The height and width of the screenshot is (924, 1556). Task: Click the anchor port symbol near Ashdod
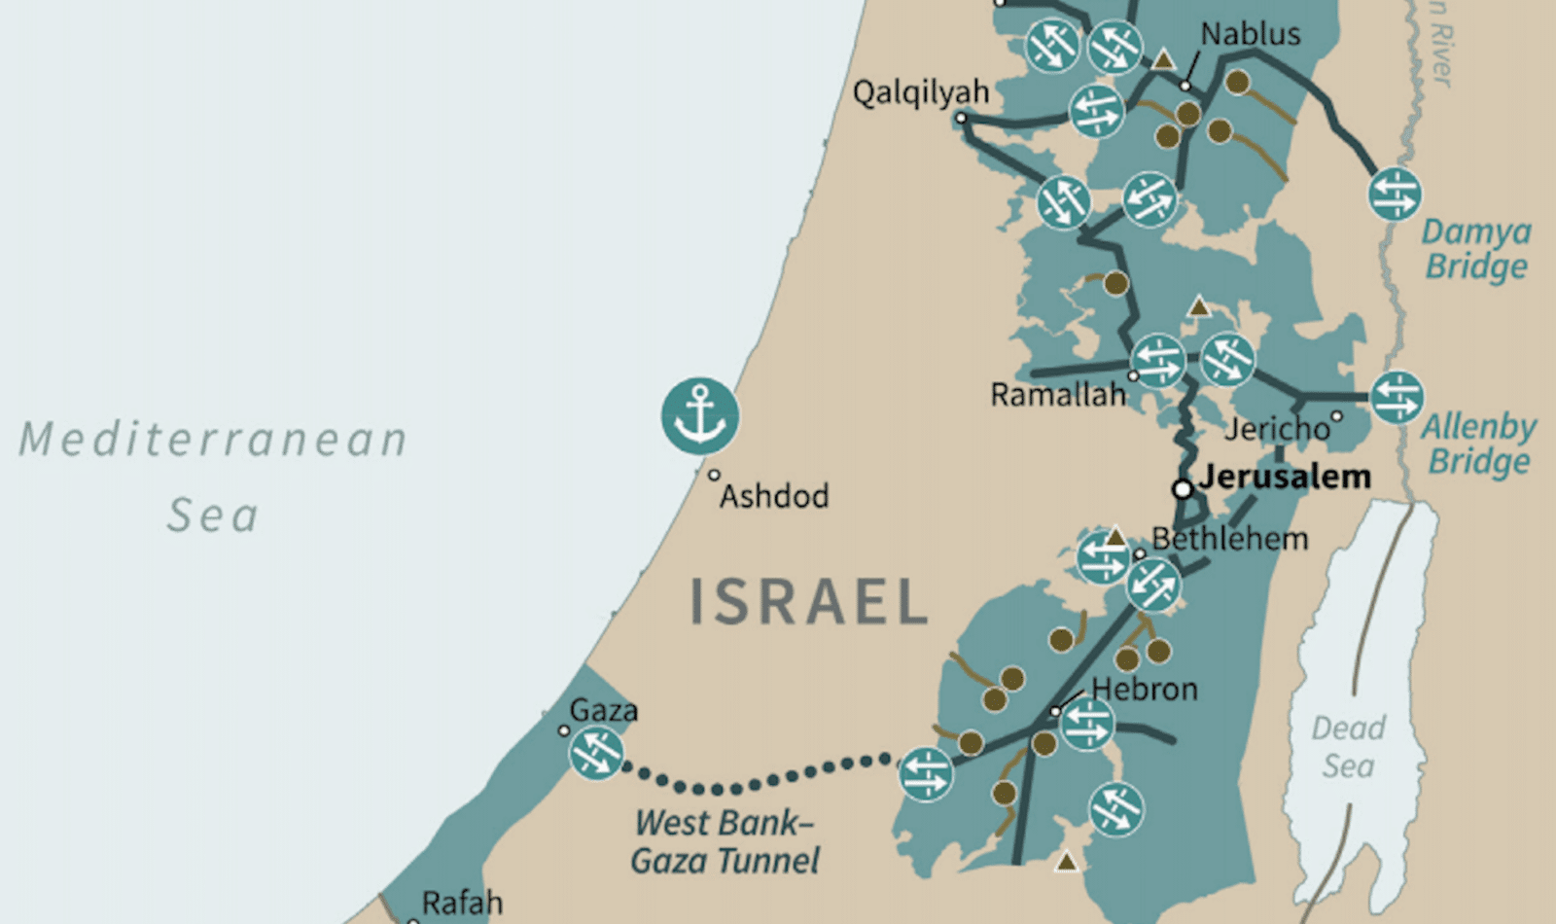coord(700,415)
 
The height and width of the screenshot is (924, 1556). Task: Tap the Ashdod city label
coord(774,496)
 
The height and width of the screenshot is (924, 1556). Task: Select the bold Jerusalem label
coord(1285,477)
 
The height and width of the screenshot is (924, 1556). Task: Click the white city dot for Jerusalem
coord(1183,489)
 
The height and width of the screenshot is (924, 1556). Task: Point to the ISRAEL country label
coord(809,601)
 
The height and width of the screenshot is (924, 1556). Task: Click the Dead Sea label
coord(1348,747)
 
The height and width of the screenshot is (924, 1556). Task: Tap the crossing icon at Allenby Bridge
coord(1397,397)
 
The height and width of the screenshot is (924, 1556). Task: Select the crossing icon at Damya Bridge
coord(1395,193)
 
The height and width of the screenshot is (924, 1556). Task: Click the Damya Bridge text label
coord(1475,249)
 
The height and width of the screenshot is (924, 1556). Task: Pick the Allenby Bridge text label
coord(1478,444)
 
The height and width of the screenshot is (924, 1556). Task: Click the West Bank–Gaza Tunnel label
coord(725,841)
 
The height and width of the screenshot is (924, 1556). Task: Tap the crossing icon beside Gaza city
coord(596,753)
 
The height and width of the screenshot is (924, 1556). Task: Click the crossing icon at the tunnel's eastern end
coord(926,774)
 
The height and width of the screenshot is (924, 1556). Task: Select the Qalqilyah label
coord(920,92)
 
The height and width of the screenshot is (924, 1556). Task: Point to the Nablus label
coord(1250,34)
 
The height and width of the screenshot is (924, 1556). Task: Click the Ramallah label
coord(1057,395)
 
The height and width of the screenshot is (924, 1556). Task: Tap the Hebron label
coord(1144,690)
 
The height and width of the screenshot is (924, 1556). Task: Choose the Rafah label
coord(462,902)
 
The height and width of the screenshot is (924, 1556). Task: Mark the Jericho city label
coord(1276,429)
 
